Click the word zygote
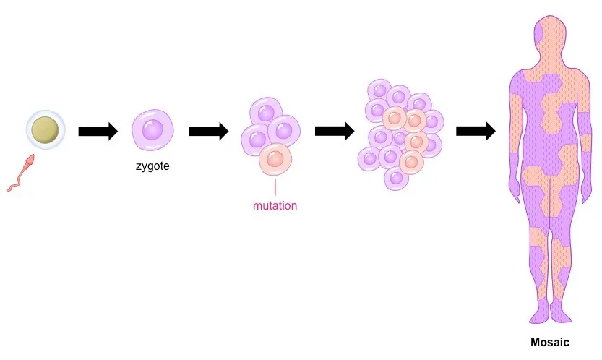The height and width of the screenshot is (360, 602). [x=152, y=166]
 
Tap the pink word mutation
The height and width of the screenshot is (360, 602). [x=275, y=205]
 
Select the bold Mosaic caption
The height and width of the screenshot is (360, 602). [x=550, y=343]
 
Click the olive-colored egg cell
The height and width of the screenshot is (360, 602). [x=46, y=129]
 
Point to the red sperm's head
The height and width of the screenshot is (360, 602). [x=29, y=162]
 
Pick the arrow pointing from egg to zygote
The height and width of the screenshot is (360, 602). [x=98, y=132]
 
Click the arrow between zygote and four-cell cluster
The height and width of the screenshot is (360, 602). [x=209, y=132]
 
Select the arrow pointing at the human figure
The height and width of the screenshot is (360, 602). [x=476, y=132]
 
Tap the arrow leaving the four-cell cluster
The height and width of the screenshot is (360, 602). [x=335, y=132]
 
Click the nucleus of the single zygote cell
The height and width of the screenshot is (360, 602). [x=152, y=129]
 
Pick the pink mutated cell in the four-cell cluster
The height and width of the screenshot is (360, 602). [x=275, y=160]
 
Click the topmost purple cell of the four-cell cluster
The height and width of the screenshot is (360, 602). [x=266, y=113]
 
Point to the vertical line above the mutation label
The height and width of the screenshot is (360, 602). [x=275, y=187]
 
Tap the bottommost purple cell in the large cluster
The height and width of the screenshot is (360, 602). [x=397, y=179]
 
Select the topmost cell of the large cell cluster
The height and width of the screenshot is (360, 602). [x=379, y=90]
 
